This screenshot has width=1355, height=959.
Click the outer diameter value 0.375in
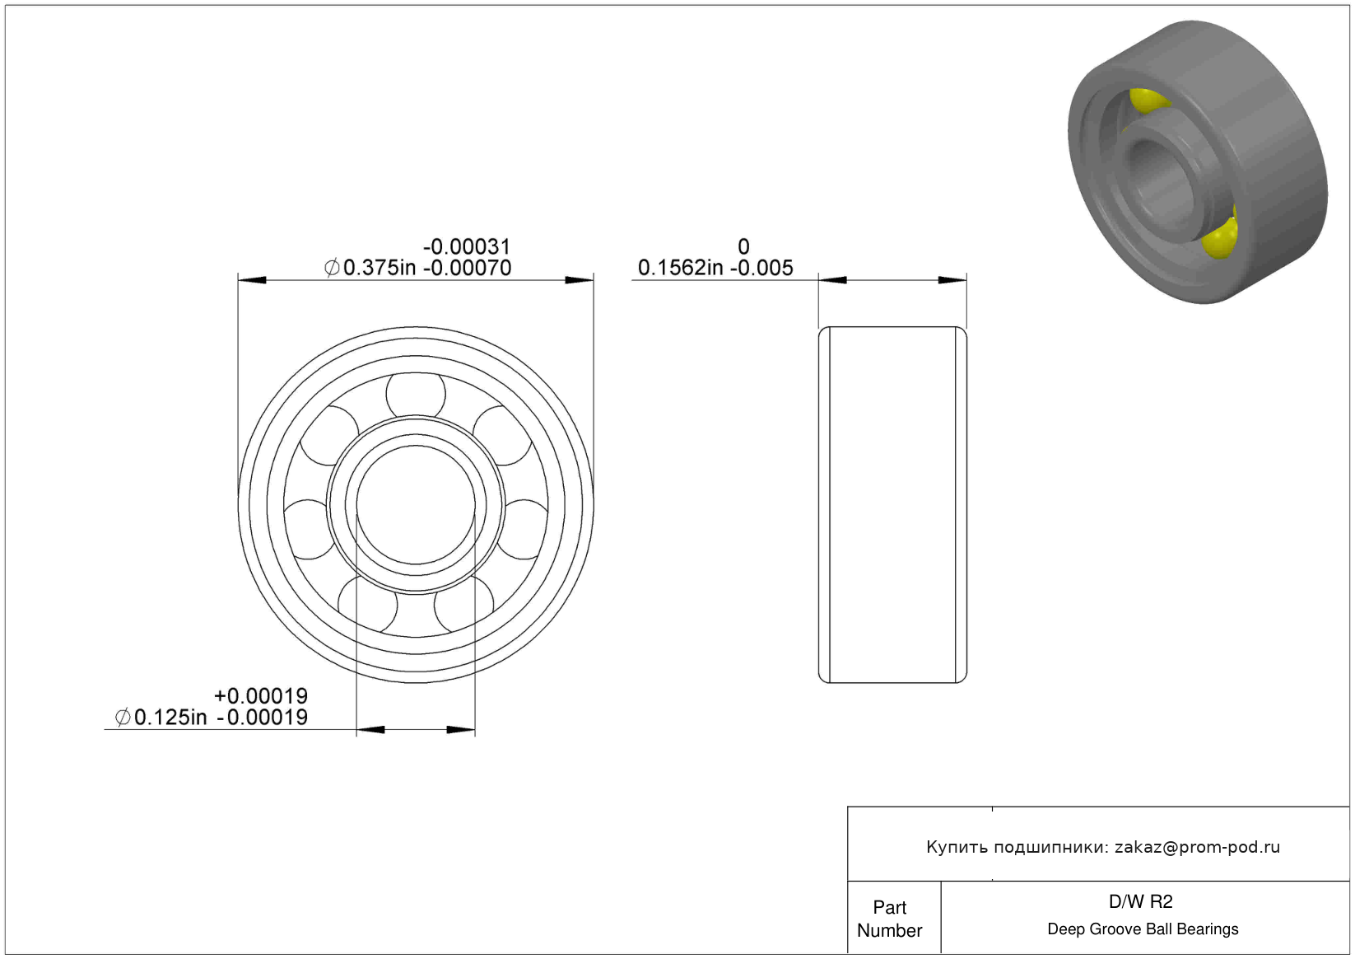[x=379, y=268]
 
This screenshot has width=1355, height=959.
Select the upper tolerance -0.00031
[x=467, y=247]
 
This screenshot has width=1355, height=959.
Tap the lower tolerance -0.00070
[x=467, y=268]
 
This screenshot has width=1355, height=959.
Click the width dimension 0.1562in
[x=681, y=268]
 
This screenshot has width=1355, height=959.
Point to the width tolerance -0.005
[x=761, y=268]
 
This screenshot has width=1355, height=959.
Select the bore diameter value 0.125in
[x=170, y=718]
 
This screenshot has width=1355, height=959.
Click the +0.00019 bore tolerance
[x=261, y=695]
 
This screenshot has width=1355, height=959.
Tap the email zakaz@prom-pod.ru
[x=1197, y=847]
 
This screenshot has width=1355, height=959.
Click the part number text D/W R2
[x=1140, y=902]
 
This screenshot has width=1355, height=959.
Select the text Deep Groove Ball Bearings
[x=1143, y=929]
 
